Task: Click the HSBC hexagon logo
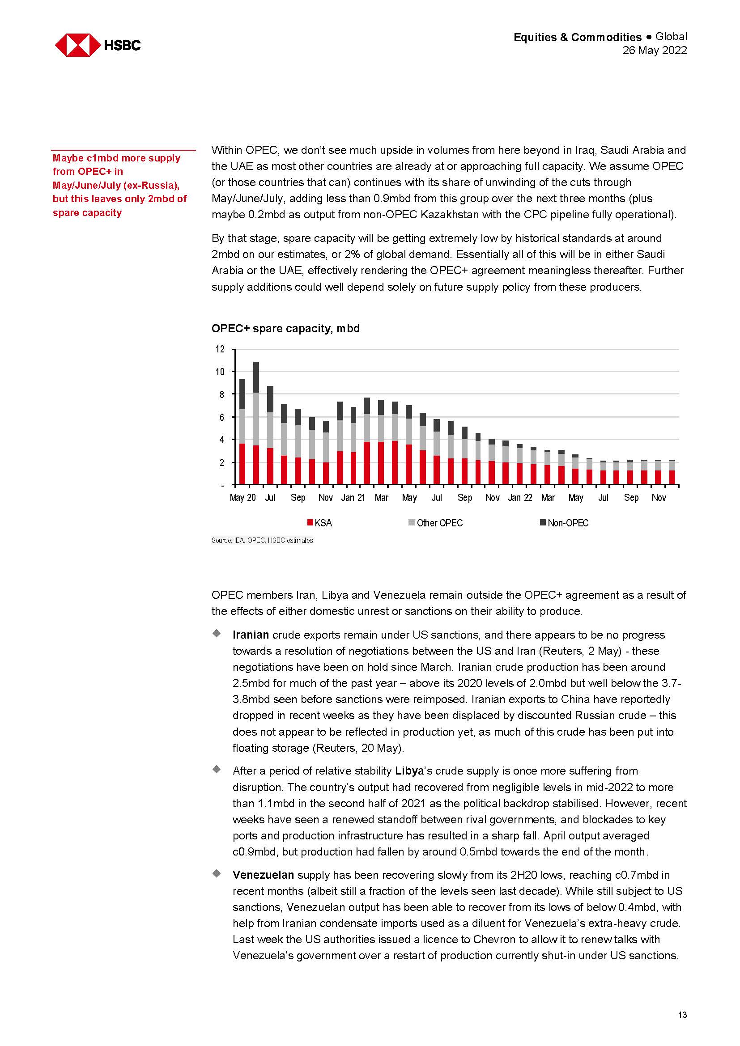pyautogui.click(x=77, y=45)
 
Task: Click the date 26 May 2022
pyautogui.click(x=655, y=51)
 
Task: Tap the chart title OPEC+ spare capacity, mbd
pyautogui.click(x=285, y=329)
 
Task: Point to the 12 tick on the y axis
pyautogui.click(x=220, y=349)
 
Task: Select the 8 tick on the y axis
pyautogui.click(x=221, y=394)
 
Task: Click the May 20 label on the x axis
pyautogui.click(x=242, y=497)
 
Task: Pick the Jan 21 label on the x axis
pyautogui.click(x=353, y=497)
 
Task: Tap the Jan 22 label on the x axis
pyautogui.click(x=520, y=497)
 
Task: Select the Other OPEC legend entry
pyautogui.click(x=436, y=523)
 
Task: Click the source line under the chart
pyautogui.click(x=262, y=540)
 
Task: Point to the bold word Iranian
pyautogui.click(x=251, y=635)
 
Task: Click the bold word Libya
pyautogui.click(x=409, y=771)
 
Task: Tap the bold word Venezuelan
pyautogui.click(x=263, y=875)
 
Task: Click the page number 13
pyautogui.click(x=682, y=1015)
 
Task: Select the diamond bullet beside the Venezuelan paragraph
pyautogui.click(x=217, y=873)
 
